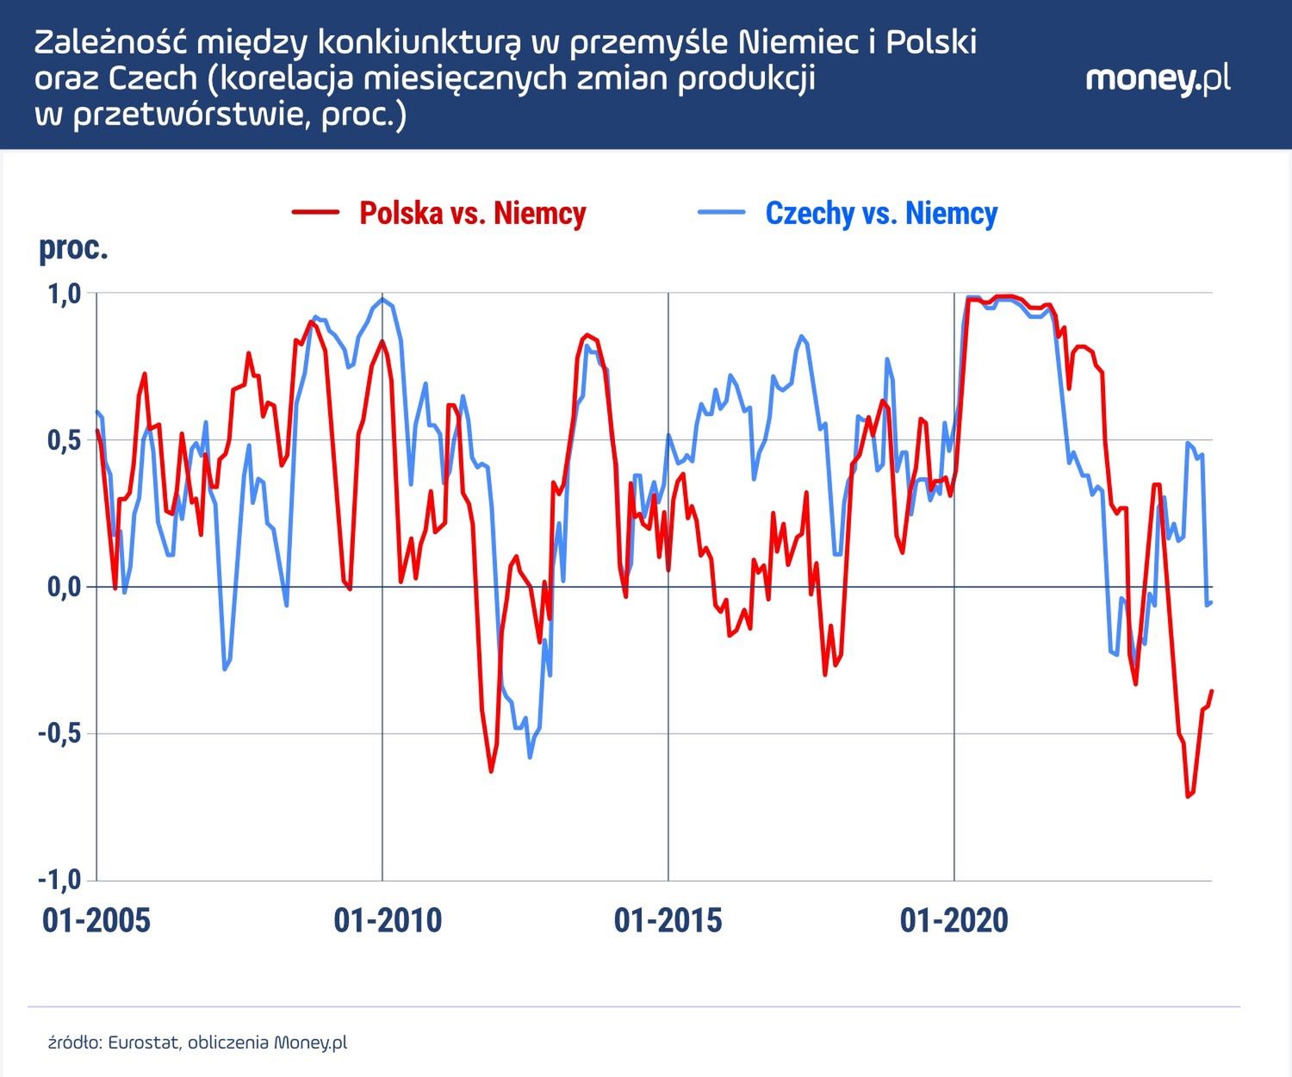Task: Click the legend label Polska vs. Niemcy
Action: [x=472, y=213]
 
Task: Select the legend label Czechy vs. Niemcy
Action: [x=881, y=213]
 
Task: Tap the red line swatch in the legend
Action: [x=315, y=212]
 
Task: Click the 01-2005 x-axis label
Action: [x=96, y=920]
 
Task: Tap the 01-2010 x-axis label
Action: [x=388, y=920]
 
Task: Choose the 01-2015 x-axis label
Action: [x=668, y=920]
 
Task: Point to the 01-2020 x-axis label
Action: [x=953, y=920]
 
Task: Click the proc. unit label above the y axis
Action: [x=73, y=248]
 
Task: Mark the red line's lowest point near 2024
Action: [x=1188, y=796]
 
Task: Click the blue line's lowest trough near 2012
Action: [x=530, y=757]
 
